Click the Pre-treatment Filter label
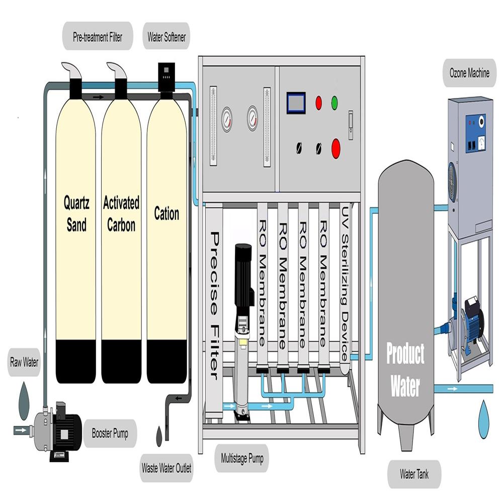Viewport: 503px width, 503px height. coord(97,37)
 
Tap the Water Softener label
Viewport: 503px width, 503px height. coord(166,37)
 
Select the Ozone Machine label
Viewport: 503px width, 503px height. coord(469,73)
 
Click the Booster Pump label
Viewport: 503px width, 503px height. coord(110,433)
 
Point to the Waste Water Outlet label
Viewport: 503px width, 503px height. coord(166,468)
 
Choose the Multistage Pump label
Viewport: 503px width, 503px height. coord(242,458)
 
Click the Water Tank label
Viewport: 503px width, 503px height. coord(413,473)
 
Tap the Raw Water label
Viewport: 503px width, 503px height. coord(24,362)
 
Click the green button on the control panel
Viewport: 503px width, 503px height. coord(334,103)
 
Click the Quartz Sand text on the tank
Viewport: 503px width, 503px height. coord(76,214)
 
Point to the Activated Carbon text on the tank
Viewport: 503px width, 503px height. coord(121,214)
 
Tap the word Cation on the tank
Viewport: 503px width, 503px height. coord(166,214)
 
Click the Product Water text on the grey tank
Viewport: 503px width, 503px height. coord(405,370)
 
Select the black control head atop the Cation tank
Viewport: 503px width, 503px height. coord(166,78)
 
